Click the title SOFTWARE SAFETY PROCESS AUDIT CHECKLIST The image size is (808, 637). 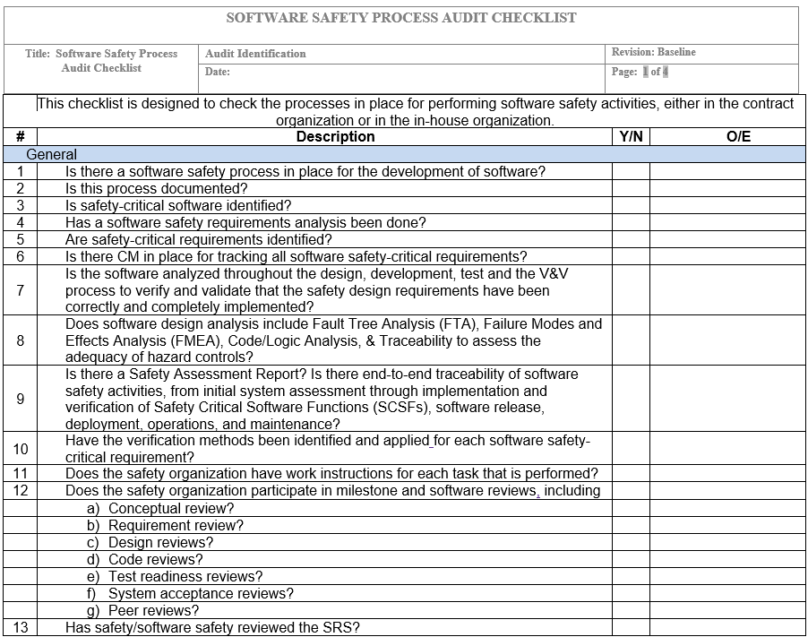click(x=400, y=18)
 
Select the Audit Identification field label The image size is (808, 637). click(x=255, y=54)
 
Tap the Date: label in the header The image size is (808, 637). click(x=218, y=72)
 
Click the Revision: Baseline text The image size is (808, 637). click(x=653, y=53)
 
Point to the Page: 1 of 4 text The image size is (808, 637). click(x=640, y=72)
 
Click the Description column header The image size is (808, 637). click(x=335, y=137)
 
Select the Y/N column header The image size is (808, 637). click(x=631, y=137)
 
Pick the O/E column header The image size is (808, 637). click(x=738, y=137)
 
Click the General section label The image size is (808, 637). click(x=51, y=154)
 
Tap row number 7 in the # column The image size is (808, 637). click(x=20, y=290)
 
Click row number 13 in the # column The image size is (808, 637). click(x=20, y=627)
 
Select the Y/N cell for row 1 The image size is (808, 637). click(x=631, y=171)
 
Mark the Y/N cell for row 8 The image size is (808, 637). click(x=631, y=340)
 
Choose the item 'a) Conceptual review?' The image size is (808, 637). click(x=160, y=508)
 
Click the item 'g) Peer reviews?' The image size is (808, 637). click(x=142, y=610)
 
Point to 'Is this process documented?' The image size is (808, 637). click(x=156, y=188)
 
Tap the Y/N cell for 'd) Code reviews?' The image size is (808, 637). click(x=631, y=559)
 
